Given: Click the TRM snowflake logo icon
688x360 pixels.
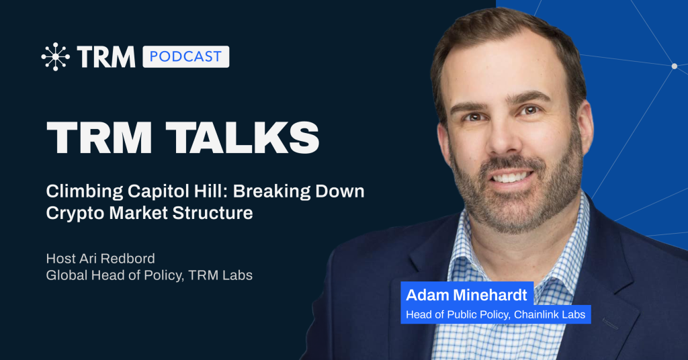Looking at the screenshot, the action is pyautogui.click(x=55, y=56).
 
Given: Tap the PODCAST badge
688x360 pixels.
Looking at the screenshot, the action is pyautogui.click(x=185, y=56).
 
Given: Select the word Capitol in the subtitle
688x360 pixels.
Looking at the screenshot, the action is pyautogui.click(x=156, y=191).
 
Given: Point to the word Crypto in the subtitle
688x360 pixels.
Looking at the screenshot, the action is pyautogui.click(x=75, y=214).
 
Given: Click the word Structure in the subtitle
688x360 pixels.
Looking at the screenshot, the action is pyautogui.click(x=212, y=213).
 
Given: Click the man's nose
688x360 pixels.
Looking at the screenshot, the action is pyautogui.click(x=504, y=140).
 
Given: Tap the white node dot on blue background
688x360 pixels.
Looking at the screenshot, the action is pyautogui.click(x=675, y=66).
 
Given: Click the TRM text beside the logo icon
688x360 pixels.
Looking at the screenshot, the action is pyautogui.click(x=106, y=57).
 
